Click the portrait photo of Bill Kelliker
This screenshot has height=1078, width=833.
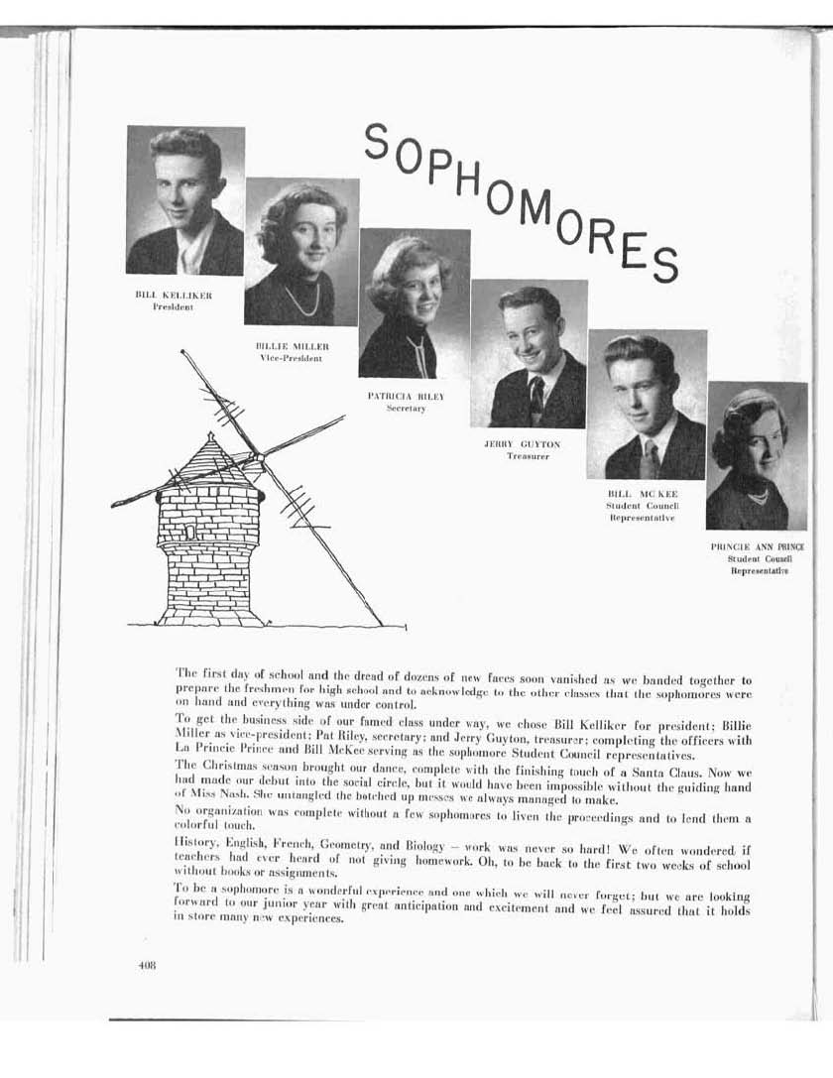185,200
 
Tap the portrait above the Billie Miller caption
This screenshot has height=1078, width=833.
301,252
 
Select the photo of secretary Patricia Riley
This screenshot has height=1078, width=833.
415,302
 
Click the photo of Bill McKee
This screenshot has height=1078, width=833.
647,405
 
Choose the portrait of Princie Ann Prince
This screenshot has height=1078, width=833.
757,455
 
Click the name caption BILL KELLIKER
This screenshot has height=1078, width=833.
174,296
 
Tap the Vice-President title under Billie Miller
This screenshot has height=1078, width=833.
291,358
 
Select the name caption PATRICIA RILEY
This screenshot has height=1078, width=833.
406,396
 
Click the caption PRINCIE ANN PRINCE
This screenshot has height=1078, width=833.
757,546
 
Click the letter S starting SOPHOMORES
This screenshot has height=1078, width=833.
376,141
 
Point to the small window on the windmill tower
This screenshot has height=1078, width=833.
190,533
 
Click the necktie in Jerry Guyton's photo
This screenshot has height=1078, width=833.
536,400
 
